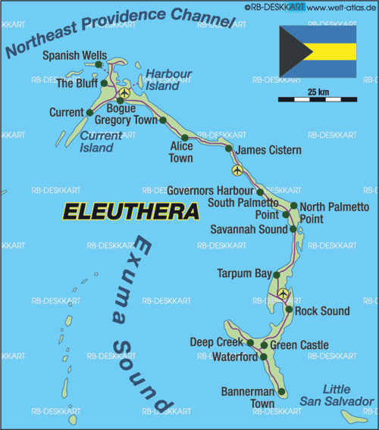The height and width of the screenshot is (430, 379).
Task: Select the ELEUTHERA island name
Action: click(130, 211)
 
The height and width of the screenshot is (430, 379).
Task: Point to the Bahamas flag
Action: click(318, 51)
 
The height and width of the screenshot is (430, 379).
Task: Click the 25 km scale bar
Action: click(318, 99)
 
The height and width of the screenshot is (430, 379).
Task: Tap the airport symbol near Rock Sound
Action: click(283, 294)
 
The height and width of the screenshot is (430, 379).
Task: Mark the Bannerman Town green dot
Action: click(282, 392)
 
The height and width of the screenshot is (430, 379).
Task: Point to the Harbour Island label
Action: click(168, 79)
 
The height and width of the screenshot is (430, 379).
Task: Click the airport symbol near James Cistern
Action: click(238, 170)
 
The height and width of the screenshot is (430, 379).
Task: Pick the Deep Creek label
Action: click(216, 343)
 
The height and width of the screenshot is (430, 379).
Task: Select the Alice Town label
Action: click(181, 152)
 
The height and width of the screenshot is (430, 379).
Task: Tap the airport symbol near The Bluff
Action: click(124, 94)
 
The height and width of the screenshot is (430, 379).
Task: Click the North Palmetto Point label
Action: click(334, 213)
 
